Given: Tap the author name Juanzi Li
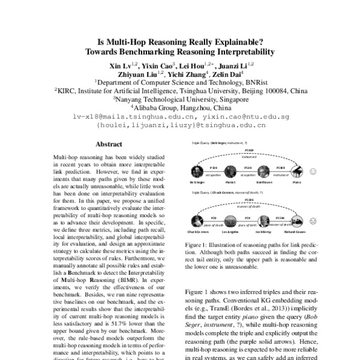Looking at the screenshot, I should coord(236,64).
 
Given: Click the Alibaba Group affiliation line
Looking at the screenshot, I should coord(180,108).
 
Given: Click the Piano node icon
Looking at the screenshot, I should coord(297,172).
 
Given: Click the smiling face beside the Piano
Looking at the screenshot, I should coord(313,172).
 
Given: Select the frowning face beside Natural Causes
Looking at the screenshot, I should coord(313,220).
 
